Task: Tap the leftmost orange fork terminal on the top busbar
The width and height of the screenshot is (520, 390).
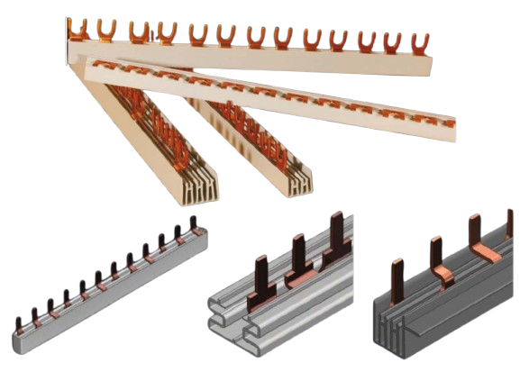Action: coord(79,29)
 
